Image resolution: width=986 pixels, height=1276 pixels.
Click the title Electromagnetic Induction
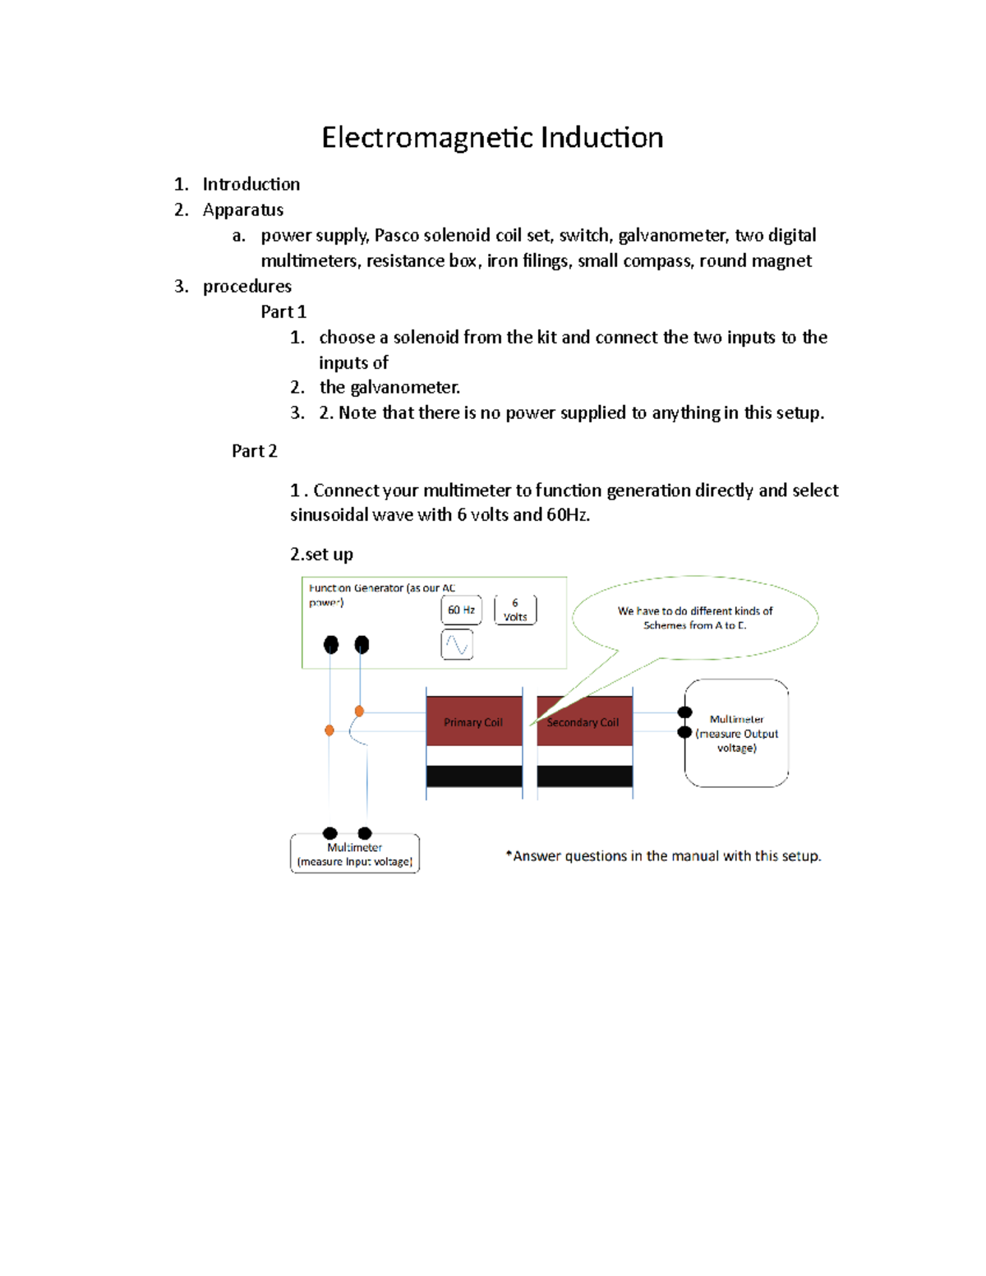(x=492, y=137)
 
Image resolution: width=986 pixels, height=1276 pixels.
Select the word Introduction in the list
(x=251, y=184)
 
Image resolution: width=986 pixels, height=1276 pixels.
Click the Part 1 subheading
(x=283, y=311)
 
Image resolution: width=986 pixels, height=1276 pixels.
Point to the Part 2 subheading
(x=254, y=450)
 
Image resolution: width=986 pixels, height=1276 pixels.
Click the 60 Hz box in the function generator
(x=461, y=610)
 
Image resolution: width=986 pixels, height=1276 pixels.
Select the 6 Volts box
(x=515, y=610)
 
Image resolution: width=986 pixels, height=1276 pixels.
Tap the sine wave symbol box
(x=457, y=645)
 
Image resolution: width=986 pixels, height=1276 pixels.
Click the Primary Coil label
(x=473, y=722)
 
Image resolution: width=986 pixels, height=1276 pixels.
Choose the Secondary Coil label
(x=583, y=722)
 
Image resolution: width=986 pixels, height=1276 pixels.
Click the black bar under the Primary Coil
(x=474, y=776)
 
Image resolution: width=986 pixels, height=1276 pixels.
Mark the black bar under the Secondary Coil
(x=584, y=776)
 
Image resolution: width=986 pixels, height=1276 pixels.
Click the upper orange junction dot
(x=359, y=711)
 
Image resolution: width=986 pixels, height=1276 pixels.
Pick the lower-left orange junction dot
(x=329, y=730)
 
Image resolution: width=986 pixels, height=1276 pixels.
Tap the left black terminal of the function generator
(x=331, y=644)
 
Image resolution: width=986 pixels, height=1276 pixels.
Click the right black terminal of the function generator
(x=362, y=644)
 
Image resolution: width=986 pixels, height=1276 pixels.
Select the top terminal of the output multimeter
(x=684, y=712)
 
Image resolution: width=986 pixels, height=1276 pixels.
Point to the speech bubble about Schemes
(x=695, y=618)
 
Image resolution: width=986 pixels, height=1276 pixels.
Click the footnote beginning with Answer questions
(x=663, y=855)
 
